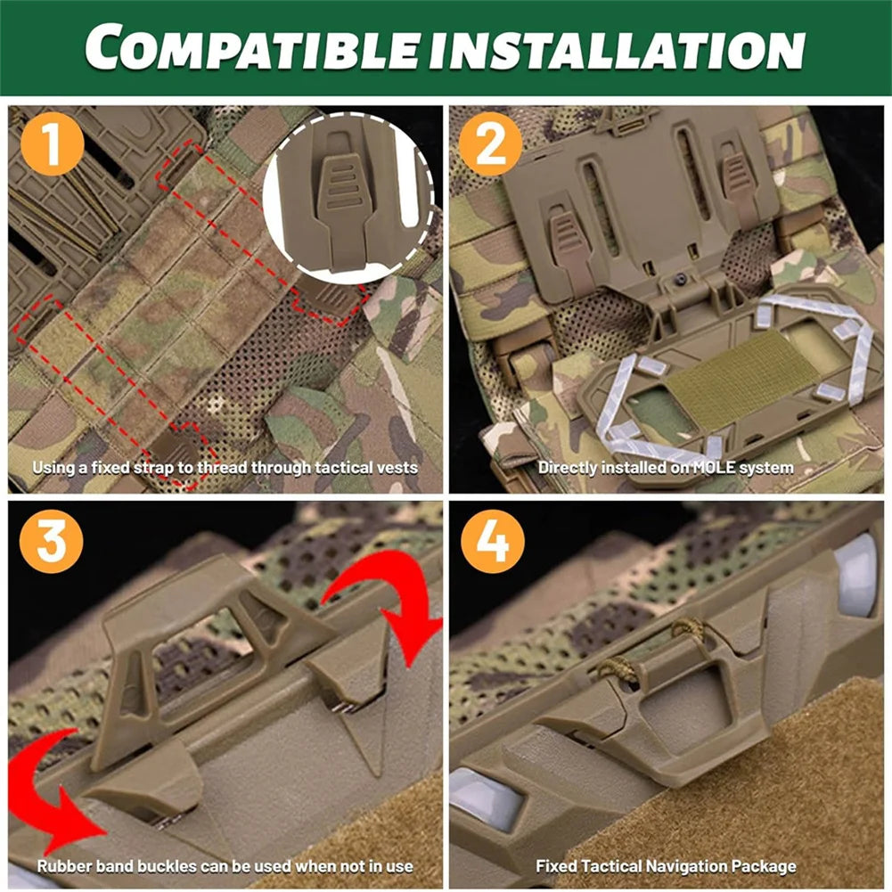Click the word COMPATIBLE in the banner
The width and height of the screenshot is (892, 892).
pos(252,47)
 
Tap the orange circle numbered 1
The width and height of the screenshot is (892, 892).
pos(52,144)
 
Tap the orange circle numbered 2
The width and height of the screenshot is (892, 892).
pos(490,144)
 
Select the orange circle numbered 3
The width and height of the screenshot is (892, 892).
pos(52,540)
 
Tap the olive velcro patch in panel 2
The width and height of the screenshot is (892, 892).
pos(735,379)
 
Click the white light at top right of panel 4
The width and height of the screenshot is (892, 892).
pos(856,576)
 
